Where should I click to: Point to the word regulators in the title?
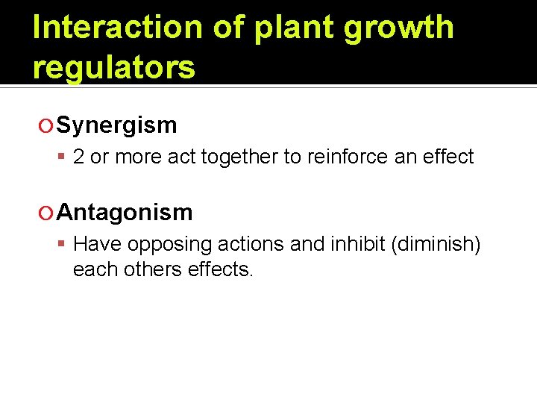pyautogui.click(x=114, y=67)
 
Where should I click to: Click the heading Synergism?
pyautogui.click(x=117, y=125)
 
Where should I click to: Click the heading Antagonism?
pyautogui.click(x=125, y=213)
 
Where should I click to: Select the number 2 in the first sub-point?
pyautogui.click(x=78, y=157)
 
